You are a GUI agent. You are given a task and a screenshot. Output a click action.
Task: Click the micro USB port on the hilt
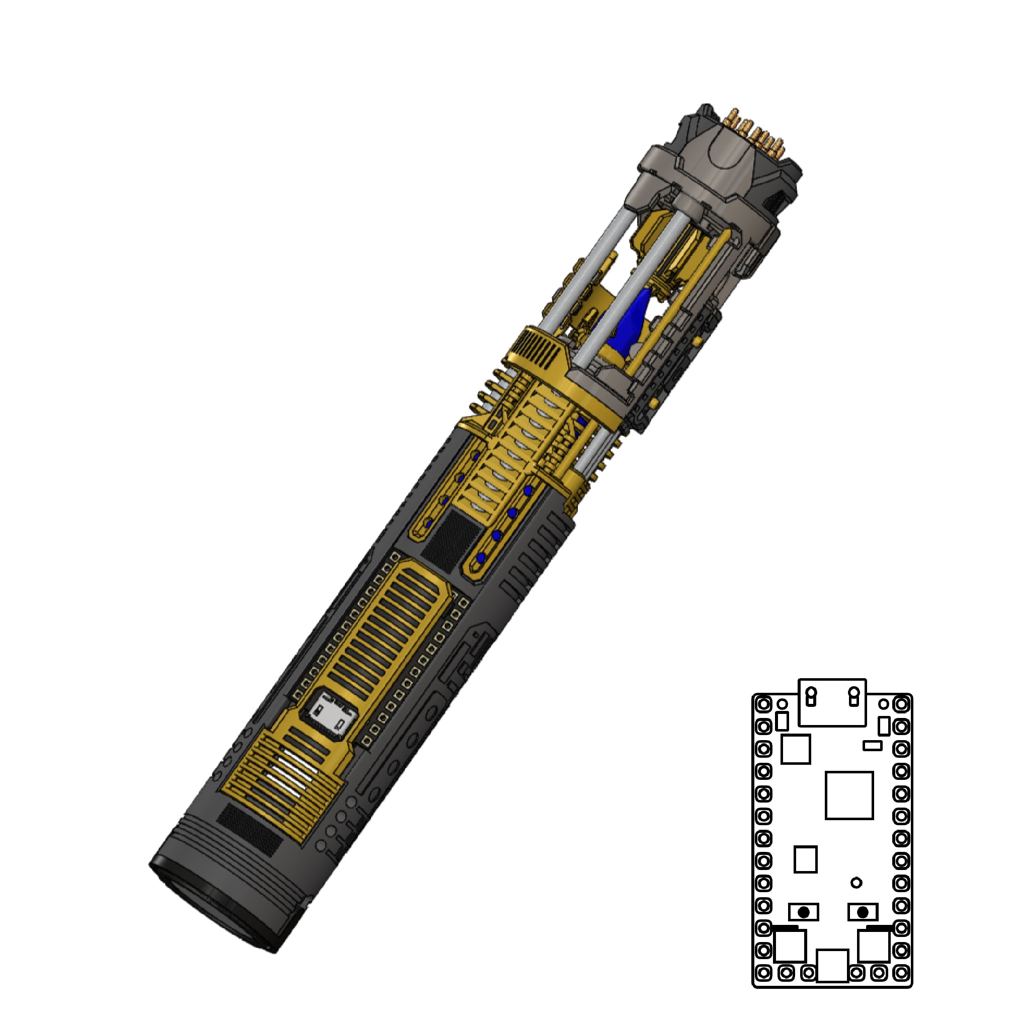333,716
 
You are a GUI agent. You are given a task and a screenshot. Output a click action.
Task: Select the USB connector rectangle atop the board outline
831,702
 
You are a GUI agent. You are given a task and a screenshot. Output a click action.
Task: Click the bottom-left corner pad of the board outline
763,973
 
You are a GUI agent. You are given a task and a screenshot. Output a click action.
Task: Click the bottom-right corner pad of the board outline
901,973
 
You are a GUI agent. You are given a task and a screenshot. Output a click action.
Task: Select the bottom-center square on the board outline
832,965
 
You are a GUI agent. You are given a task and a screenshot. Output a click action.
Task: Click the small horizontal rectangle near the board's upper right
872,745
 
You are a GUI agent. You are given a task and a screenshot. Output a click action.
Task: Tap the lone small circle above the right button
856,883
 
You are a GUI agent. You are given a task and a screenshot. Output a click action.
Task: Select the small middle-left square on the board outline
805,859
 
